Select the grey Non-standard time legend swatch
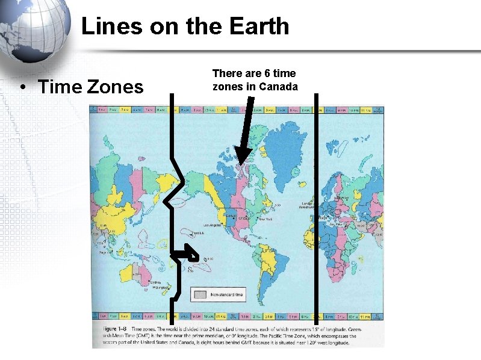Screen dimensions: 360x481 (199, 294)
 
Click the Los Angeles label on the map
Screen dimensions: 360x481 (214, 226)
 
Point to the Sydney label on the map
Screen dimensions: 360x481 (156, 282)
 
